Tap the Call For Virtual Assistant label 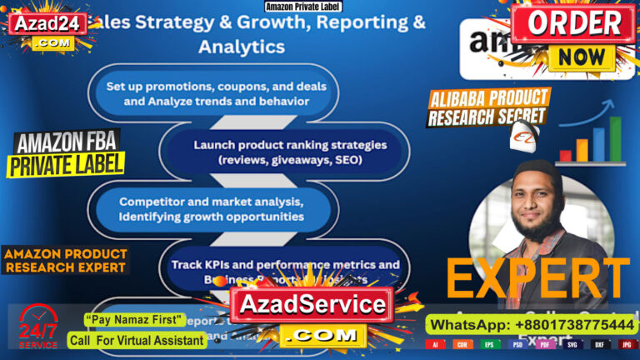137,340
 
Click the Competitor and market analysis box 211,208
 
